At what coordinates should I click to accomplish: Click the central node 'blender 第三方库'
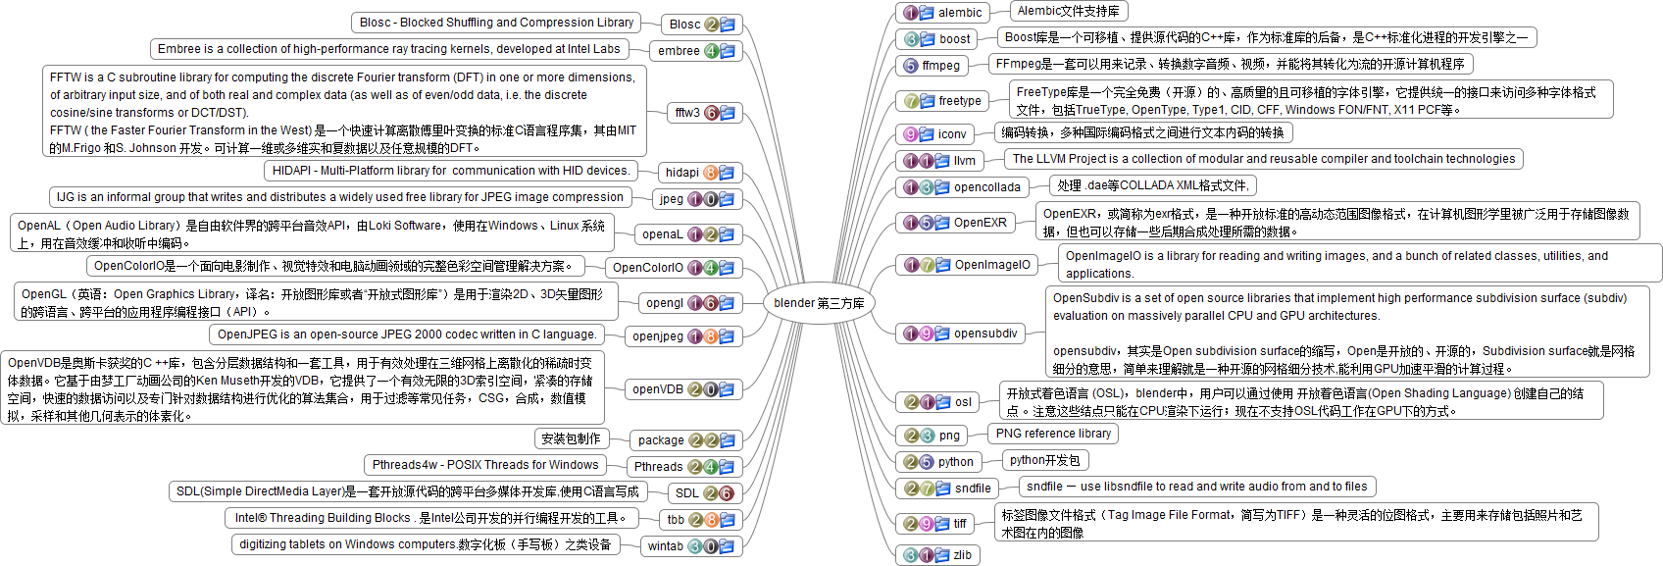pos(819,303)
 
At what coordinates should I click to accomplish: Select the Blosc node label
pos(684,25)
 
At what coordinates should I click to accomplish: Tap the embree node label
pos(679,51)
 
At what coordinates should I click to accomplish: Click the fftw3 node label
pos(687,113)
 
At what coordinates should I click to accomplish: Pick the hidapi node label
pos(681,173)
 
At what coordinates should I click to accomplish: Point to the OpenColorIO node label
pos(647,268)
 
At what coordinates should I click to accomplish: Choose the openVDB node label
pos(657,389)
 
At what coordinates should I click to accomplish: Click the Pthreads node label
pos(658,467)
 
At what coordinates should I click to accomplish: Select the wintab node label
pos(665,546)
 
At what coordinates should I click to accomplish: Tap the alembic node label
pos(960,13)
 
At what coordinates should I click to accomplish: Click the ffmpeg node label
pos(940,66)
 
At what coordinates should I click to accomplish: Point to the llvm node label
pos(965,161)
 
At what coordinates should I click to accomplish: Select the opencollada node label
pos(986,187)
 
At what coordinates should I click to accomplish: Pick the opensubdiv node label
pos(985,334)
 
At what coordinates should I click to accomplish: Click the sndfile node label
pos(973,489)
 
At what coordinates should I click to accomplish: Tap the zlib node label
pos(963,555)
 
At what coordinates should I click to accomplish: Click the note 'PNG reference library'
pos(1053,434)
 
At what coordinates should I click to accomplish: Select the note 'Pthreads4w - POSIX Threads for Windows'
pos(484,465)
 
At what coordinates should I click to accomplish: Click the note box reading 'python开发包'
pos(1044,460)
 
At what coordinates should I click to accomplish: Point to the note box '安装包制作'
pos(571,438)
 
